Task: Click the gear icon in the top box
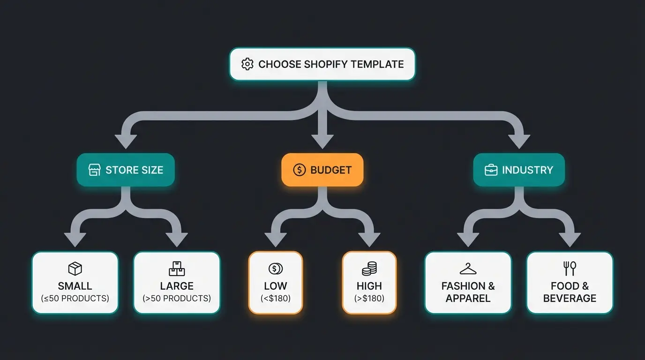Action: [247, 64]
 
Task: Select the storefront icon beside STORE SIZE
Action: [94, 170]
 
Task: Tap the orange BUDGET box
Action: [322, 170]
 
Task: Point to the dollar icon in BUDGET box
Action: [299, 170]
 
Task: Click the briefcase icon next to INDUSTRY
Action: [491, 170]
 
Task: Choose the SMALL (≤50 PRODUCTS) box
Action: [75, 282]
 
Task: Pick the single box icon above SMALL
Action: [75, 269]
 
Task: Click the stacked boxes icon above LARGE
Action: [177, 269]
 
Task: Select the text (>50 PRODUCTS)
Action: [177, 299]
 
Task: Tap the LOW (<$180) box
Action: [276, 282]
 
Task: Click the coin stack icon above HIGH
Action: [369, 269]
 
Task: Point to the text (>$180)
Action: [369, 299]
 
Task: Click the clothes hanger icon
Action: [468, 269]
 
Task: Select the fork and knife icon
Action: [570, 269]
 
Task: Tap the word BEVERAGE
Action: [570, 299]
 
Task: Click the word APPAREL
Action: [468, 299]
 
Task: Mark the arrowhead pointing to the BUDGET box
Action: [322, 141]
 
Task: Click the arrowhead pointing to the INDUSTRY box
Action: [519, 141]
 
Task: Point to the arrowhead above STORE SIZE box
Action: [126, 141]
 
